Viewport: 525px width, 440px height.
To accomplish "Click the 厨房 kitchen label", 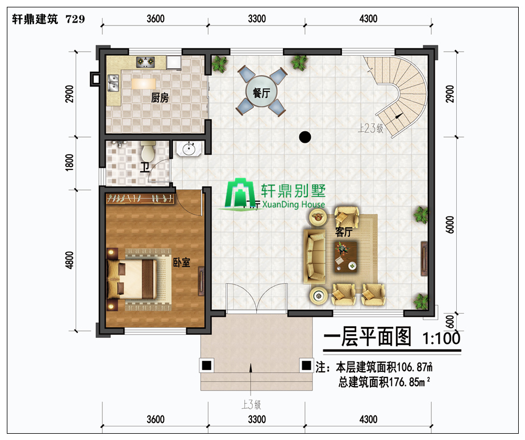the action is (160, 98).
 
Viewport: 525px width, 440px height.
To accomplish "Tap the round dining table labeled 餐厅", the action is (261, 91).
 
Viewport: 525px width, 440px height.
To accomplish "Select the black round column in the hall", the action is (305, 137).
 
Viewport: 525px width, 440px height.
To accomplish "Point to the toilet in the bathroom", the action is (148, 151).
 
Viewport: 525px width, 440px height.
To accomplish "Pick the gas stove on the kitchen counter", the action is (145, 61).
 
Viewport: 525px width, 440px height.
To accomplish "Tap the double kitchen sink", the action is (113, 83).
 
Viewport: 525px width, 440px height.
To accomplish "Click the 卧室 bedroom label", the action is (181, 262).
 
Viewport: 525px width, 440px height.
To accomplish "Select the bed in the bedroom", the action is (132, 279).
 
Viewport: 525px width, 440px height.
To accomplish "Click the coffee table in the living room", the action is (346, 257).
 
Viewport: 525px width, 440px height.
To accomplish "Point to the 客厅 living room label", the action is (344, 232).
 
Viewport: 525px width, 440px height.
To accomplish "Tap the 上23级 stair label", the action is (370, 128).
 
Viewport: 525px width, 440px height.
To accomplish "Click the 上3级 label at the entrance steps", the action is (252, 405).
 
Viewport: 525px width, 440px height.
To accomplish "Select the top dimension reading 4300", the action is (368, 19).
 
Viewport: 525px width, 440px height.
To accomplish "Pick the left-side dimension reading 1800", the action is (69, 163).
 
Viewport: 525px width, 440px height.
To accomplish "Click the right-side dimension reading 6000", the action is (451, 225).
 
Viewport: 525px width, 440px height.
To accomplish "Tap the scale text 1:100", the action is (441, 338).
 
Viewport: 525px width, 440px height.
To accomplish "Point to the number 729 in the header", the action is (76, 19).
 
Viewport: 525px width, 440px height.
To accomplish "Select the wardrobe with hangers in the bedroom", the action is (140, 199).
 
